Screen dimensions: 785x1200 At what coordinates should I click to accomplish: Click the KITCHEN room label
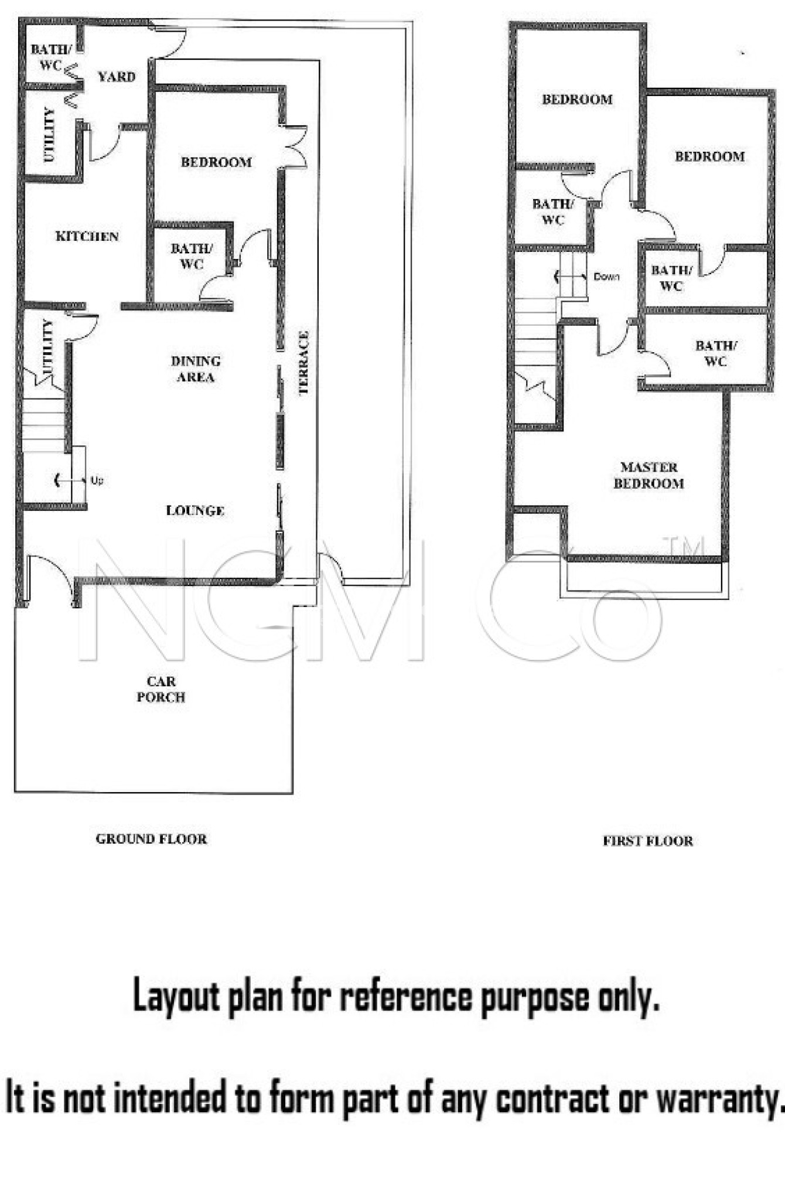click(87, 236)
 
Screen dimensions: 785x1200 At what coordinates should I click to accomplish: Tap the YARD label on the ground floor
click(117, 77)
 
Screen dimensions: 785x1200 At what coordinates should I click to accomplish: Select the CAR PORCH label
click(161, 689)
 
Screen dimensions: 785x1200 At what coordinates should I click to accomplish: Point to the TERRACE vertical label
click(303, 363)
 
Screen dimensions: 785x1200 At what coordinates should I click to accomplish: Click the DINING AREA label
click(196, 369)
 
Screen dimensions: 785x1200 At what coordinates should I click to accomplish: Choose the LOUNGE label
click(195, 510)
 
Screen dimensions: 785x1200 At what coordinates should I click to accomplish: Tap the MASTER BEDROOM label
click(649, 475)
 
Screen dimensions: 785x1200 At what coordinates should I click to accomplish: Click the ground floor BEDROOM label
click(216, 162)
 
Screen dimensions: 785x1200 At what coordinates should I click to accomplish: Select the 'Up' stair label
click(97, 480)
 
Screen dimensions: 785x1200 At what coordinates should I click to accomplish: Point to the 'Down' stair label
click(606, 277)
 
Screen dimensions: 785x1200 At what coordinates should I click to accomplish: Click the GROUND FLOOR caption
click(151, 839)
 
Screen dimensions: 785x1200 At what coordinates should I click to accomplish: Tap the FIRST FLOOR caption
click(648, 841)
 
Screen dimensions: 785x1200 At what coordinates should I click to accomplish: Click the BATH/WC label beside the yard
click(50, 57)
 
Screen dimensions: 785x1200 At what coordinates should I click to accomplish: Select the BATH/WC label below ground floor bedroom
click(192, 256)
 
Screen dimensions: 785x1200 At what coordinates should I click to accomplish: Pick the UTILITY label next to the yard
click(49, 134)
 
